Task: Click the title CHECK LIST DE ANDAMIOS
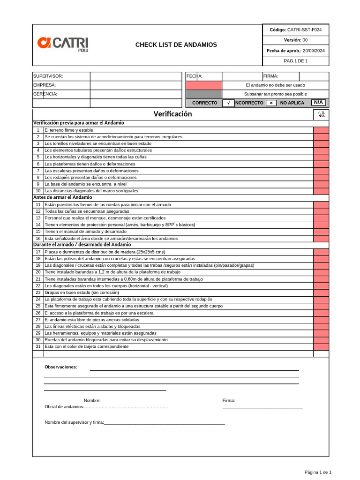coord(176,45)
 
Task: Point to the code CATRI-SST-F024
coord(304,30)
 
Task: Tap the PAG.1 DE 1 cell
coord(295,61)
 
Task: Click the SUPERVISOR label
coord(48,76)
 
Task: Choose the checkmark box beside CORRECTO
coord(228,103)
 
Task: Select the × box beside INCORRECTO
coord(271,103)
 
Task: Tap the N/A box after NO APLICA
coord(318,102)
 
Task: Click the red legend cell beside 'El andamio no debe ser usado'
coord(203,85)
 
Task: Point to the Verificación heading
coord(172,114)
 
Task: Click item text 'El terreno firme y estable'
coord(69,130)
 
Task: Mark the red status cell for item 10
coord(321,191)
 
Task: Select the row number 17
coord(38,252)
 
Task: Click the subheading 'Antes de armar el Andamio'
coord(62,197)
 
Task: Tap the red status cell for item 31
coord(321,346)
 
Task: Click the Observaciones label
coord(61,367)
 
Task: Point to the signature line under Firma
coord(262,408)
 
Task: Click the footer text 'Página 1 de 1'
coord(318,472)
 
